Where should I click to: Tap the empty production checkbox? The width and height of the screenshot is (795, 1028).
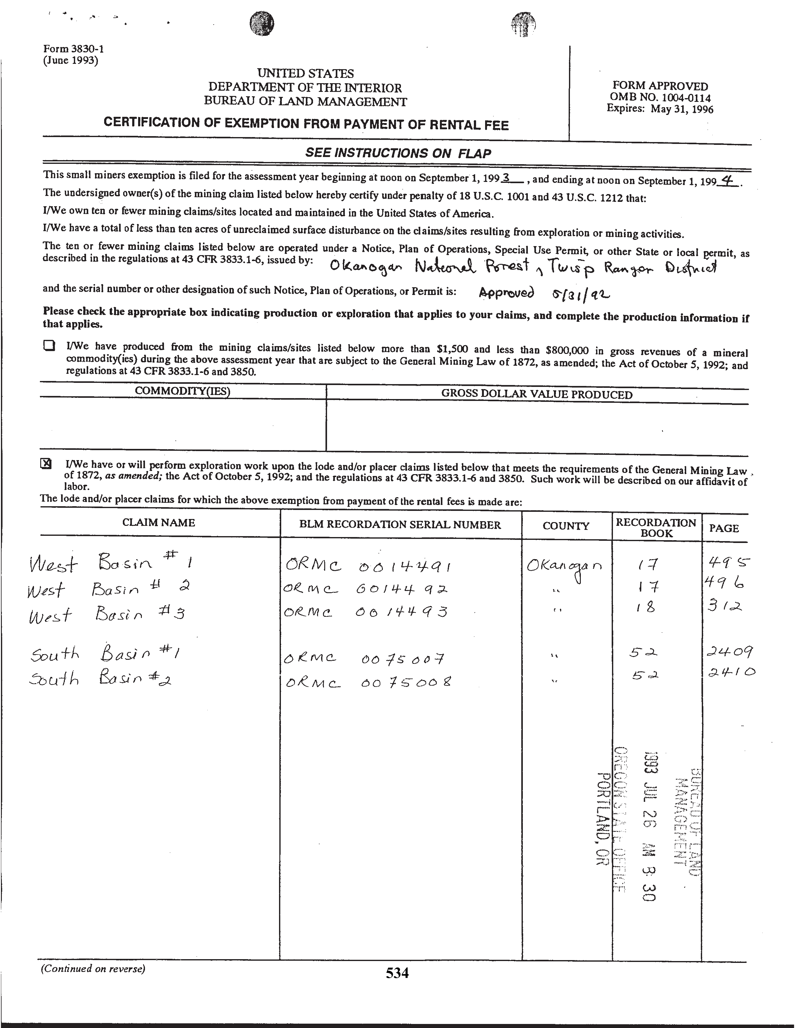pyautogui.click(x=49, y=345)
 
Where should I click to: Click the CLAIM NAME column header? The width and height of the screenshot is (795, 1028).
pyautogui.click(x=159, y=523)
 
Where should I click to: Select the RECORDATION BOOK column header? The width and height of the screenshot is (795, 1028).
pyautogui.click(x=656, y=528)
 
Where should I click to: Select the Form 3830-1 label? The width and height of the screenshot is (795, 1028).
pyautogui.click(x=74, y=49)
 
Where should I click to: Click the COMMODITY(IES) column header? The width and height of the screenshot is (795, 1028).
pyautogui.click(x=182, y=391)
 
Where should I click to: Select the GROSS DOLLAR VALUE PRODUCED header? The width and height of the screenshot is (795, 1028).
pyautogui.click(x=537, y=394)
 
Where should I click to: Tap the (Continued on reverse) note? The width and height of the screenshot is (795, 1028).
pyautogui.click(x=93, y=969)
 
